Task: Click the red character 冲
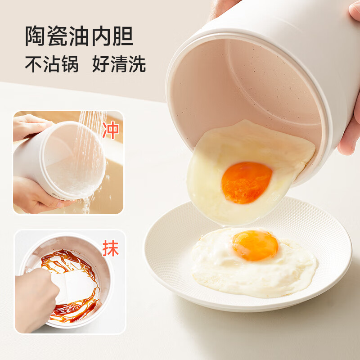tap(111, 130)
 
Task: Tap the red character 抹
tap(111, 248)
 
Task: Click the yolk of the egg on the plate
tap(255, 245)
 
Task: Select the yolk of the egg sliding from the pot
tap(247, 183)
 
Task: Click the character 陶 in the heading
tap(35, 36)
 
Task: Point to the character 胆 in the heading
tap(123, 36)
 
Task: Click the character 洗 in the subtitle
tap(137, 63)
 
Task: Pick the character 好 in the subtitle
tap(100, 63)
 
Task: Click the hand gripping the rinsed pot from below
tap(37, 195)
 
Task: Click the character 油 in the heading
tap(79, 36)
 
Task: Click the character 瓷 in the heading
tap(57, 36)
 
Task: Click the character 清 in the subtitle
tap(119, 63)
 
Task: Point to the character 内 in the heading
tap(101, 36)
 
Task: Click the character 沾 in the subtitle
tap(52, 63)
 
